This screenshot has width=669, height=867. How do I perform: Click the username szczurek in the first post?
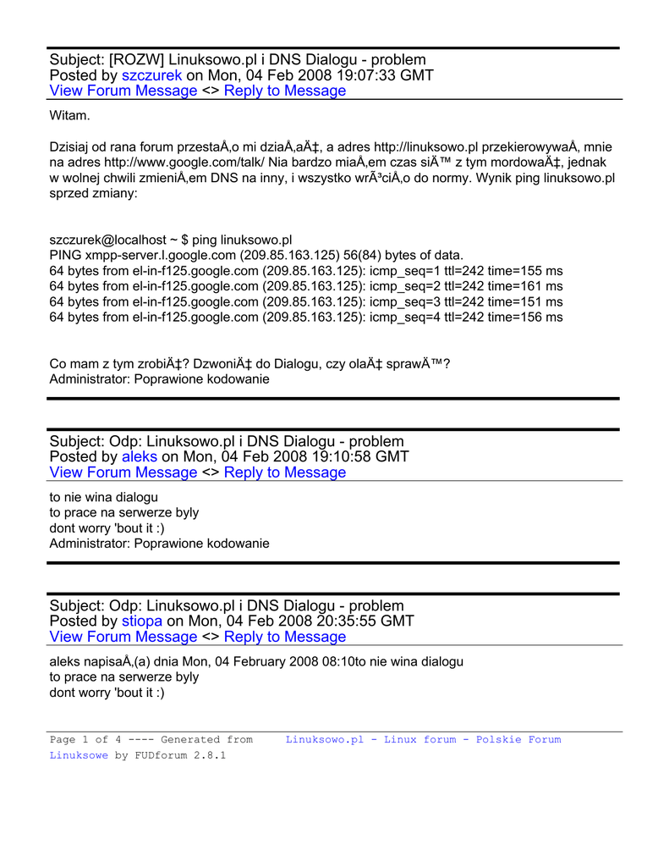point(152,75)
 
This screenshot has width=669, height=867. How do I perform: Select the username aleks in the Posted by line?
point(140,457)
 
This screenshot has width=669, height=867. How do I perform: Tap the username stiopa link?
point(142,621)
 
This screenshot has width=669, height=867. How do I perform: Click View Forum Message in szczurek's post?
point(123,91)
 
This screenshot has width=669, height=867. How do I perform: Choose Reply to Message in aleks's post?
point(285,473)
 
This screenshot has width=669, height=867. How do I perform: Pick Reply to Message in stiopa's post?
point(285,638)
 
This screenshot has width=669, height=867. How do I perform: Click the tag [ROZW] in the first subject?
point(136,60)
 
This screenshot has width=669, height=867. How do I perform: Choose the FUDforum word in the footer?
point(159,755)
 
